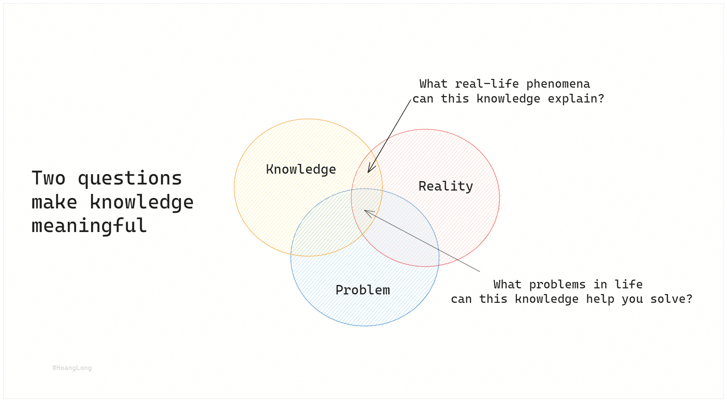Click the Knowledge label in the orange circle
(301, 169)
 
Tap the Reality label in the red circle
(446, 186)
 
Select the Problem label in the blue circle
(363, 290)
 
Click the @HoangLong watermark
(72, 368)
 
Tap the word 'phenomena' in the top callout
(558, 84)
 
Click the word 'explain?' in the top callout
(576, 99)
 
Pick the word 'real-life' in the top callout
(487, 84)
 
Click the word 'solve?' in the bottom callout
(671, 299)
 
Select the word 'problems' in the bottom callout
(557, 285)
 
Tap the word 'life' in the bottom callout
(628, 285)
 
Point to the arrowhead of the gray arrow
(365, 211)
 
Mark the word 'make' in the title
(54, 202)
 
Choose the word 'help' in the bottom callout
(600, 299)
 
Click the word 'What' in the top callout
(433, 84)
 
